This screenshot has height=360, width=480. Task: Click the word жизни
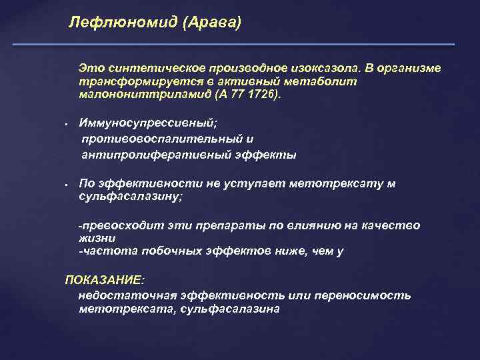[97, 238]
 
